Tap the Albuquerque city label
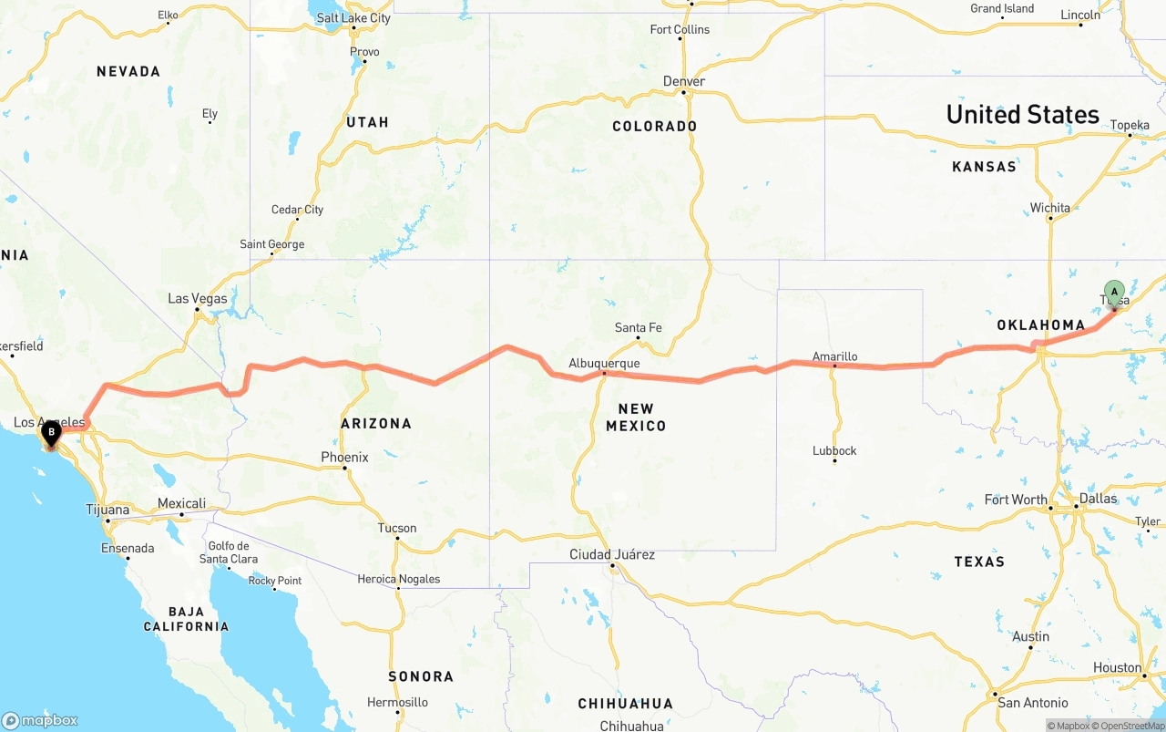(604, 363)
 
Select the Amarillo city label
(834, 356)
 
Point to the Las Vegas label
(198, 298)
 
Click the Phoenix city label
(344, 457)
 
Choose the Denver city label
(684, 81)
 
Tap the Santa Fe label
(638, 327)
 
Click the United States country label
(1022, 114)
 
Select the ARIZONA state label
(376, 423)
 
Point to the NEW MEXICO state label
(636, 417)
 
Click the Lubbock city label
(834, 450)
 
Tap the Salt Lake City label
(353, 17)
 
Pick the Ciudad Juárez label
(612, 554)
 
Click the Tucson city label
(397, 528)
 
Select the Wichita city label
(1050, 208)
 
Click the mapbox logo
(40, 720)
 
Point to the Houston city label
(1117, 667)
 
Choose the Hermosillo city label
(397, 702)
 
